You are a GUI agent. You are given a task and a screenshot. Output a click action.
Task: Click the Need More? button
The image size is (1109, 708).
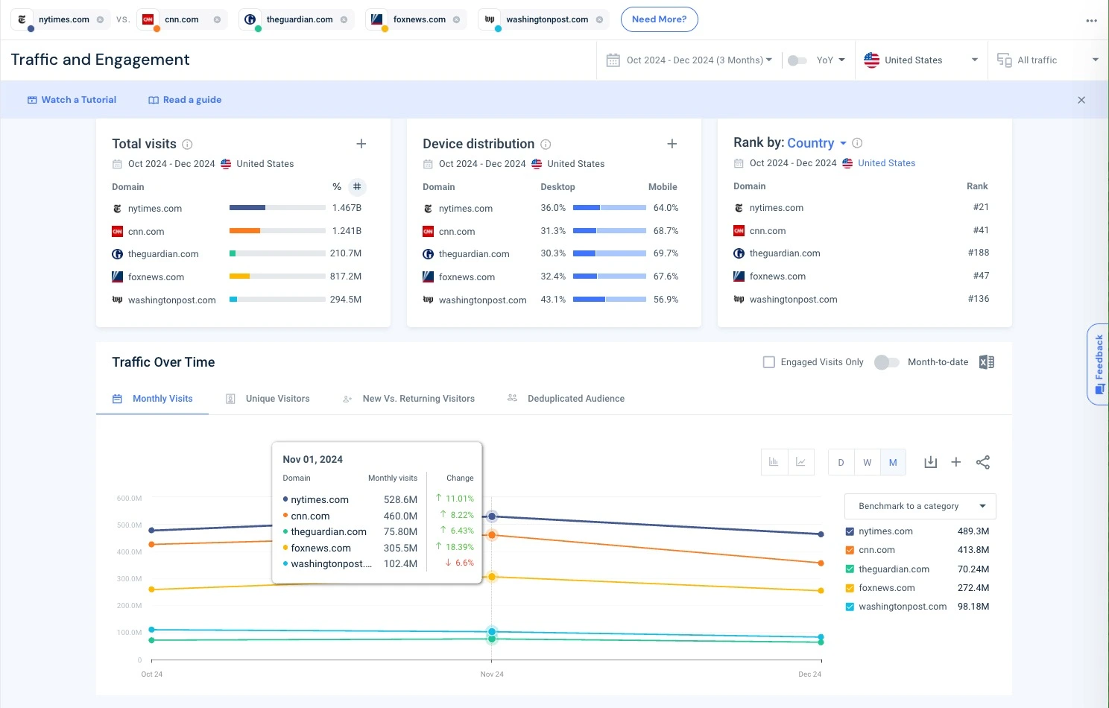[659, 19]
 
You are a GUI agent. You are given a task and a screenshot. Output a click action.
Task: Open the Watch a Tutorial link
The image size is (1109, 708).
[72, 100]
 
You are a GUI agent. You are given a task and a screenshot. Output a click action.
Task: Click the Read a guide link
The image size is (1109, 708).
[185, 100]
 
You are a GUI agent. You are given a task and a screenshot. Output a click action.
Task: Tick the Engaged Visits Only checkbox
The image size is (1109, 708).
[769, 362]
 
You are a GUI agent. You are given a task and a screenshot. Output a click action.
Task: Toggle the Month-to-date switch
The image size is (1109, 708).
[886, 362]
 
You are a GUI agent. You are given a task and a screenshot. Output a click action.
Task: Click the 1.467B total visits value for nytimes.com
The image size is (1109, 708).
[347, 208]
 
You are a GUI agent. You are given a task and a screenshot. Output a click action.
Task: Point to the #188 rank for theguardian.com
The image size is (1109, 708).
[978, 253]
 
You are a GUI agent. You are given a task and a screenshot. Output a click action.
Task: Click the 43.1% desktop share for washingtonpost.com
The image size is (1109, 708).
[553, 300]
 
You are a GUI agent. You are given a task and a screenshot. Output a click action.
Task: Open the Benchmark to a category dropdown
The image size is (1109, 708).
[920, 506]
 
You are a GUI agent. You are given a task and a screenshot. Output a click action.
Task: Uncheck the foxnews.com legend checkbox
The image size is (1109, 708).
[850, 588]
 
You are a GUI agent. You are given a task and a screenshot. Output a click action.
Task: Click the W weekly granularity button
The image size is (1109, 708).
[867, 462]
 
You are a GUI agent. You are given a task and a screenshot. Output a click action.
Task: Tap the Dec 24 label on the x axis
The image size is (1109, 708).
[809, 674]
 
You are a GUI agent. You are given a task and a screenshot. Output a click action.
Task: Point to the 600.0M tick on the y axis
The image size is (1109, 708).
[129, 498]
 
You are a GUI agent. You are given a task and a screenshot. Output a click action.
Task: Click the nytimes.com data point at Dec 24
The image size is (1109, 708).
[821, 534]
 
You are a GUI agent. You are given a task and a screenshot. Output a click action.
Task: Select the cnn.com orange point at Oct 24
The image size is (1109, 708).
[152, 544]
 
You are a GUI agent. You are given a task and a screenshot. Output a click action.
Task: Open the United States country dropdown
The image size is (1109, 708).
[920, 60]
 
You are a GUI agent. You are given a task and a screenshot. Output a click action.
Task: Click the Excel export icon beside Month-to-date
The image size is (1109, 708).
[986, 362]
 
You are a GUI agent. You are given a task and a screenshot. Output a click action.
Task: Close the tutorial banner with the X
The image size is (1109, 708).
[1081, 100]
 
